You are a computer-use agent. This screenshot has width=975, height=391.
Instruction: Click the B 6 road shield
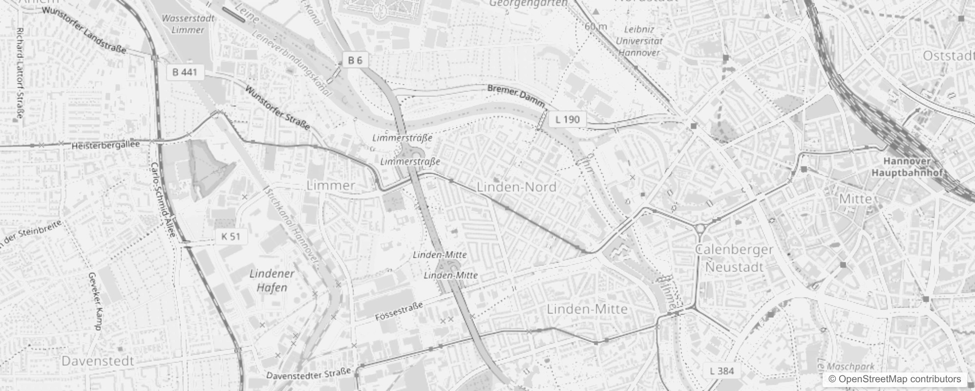355,60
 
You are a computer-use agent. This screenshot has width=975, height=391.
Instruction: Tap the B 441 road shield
185,72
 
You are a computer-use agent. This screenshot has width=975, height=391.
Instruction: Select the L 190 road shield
567,119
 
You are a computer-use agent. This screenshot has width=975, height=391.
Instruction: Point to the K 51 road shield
231,237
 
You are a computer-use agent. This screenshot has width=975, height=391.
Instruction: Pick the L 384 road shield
721,371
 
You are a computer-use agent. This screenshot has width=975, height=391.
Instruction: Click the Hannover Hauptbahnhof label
908,167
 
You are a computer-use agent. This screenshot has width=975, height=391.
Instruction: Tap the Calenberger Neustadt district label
734,258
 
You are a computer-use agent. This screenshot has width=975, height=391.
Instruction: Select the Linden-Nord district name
516,187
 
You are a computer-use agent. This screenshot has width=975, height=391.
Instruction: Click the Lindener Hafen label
272,280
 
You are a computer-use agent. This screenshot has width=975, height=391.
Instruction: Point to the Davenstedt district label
98,361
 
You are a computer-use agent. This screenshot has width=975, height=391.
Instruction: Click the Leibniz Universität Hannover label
639,41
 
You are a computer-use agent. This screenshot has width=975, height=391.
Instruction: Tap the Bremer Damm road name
516,95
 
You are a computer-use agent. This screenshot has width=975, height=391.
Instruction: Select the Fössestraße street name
399,311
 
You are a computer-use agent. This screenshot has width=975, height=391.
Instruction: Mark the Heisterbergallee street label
106,145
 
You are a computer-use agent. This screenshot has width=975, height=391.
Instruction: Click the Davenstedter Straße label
309,375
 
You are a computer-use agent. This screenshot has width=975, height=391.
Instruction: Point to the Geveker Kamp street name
95,301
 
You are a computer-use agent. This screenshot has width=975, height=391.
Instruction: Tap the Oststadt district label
948,56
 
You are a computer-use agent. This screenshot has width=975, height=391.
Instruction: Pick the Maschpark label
850,367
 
